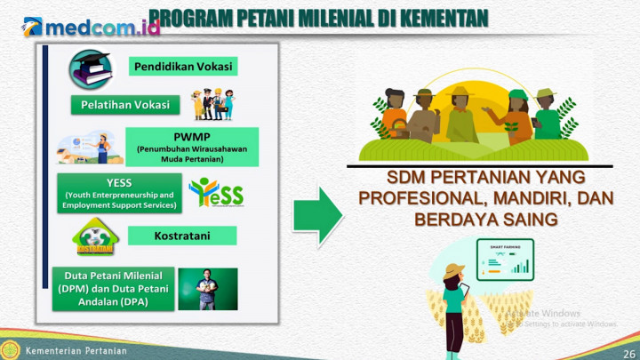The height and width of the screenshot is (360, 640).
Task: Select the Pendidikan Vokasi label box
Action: tap(184, 68)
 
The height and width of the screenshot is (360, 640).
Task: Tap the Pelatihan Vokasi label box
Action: tap(124, 105)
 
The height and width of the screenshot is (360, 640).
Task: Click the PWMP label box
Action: tap(192, 148)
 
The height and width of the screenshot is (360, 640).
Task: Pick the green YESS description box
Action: tap(118, 194)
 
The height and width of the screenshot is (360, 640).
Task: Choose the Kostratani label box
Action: tap(181, 236)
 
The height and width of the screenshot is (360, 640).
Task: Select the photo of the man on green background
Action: tap(208, 290)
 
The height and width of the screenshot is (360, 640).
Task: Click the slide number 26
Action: tap(629, 353)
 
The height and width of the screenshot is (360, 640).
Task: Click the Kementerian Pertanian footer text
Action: tap(75, 350)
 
